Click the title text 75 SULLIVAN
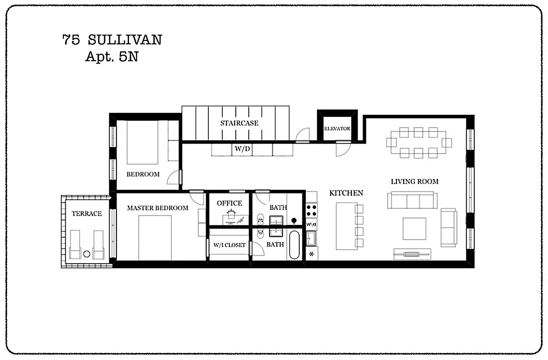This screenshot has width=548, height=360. (112, 40)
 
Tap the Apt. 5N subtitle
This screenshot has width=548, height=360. (112, 57)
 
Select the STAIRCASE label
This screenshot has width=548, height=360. (239, 123)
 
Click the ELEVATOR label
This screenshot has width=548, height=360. (337, 129)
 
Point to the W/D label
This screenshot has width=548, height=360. (242, 148)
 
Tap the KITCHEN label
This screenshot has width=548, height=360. (346, 193)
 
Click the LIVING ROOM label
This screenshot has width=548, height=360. (414, 182)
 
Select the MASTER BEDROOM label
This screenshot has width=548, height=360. (157, 208)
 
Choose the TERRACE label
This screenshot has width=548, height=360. (87, 213)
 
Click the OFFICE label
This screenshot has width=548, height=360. (229, 203)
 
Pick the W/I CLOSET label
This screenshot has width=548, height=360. (229, 245)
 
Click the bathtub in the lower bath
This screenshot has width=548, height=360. (294, 245)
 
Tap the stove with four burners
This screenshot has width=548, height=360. (311, 211)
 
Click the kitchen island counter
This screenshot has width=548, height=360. (345, 226)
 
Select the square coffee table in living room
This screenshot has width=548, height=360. (414, 229)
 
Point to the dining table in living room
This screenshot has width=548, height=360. (418, 143)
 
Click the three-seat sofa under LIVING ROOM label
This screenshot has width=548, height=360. (413, 200)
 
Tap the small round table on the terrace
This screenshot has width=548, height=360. (87, 254)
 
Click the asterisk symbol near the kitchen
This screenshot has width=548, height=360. (311, 254)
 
